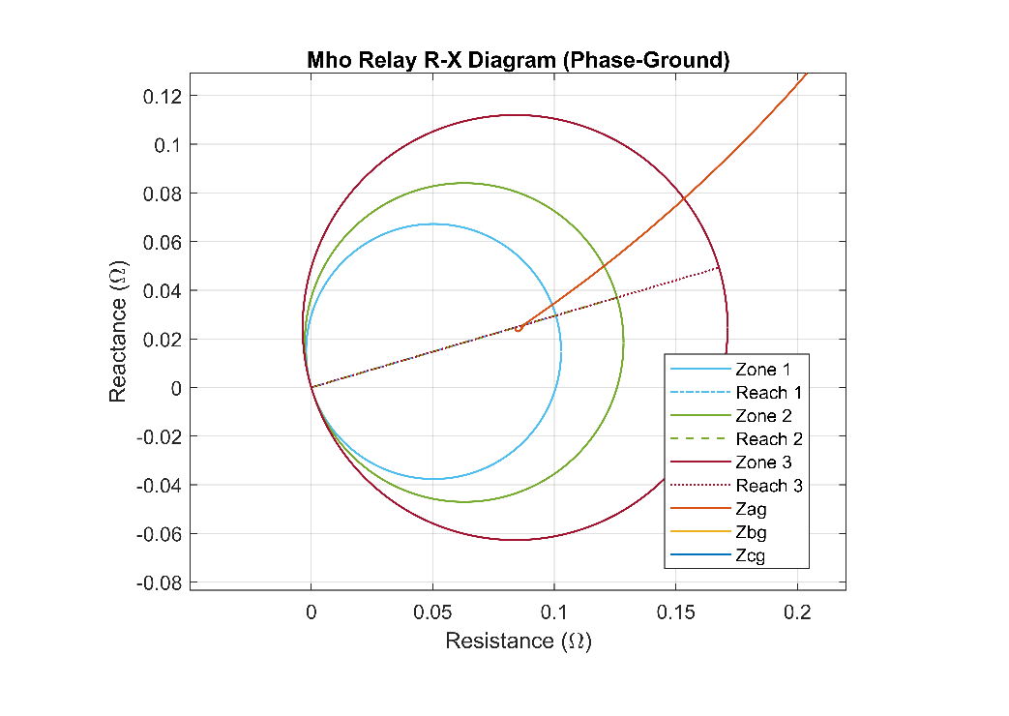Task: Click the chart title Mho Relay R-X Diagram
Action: pos(518,60)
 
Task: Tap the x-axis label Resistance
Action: pos(518,641)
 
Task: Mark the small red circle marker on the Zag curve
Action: pos(519,328)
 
